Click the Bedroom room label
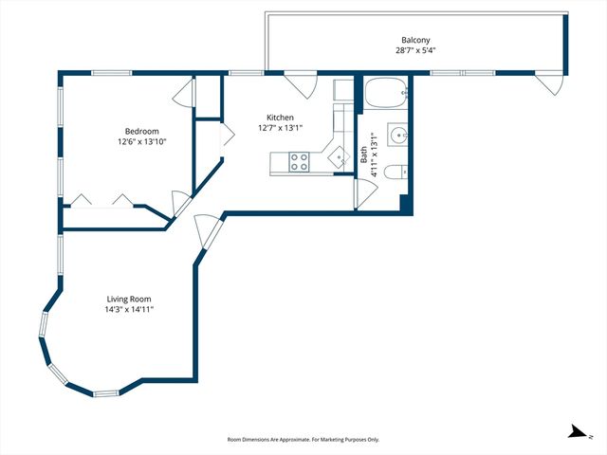click(142, 131)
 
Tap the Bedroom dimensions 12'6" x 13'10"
click(142, 142)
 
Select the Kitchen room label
click(280, 118)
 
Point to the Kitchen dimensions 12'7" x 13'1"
click(280, 129)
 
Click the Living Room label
click(129, 299)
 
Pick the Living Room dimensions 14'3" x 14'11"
click(129, 310)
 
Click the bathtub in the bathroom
click(386, 93)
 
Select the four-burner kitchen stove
click(300, 162)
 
